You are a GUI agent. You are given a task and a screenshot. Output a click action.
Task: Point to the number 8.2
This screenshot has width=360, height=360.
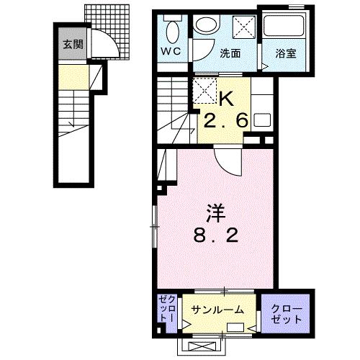(216, 236)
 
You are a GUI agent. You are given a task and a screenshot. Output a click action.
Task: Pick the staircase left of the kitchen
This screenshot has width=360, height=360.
(171, 108)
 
